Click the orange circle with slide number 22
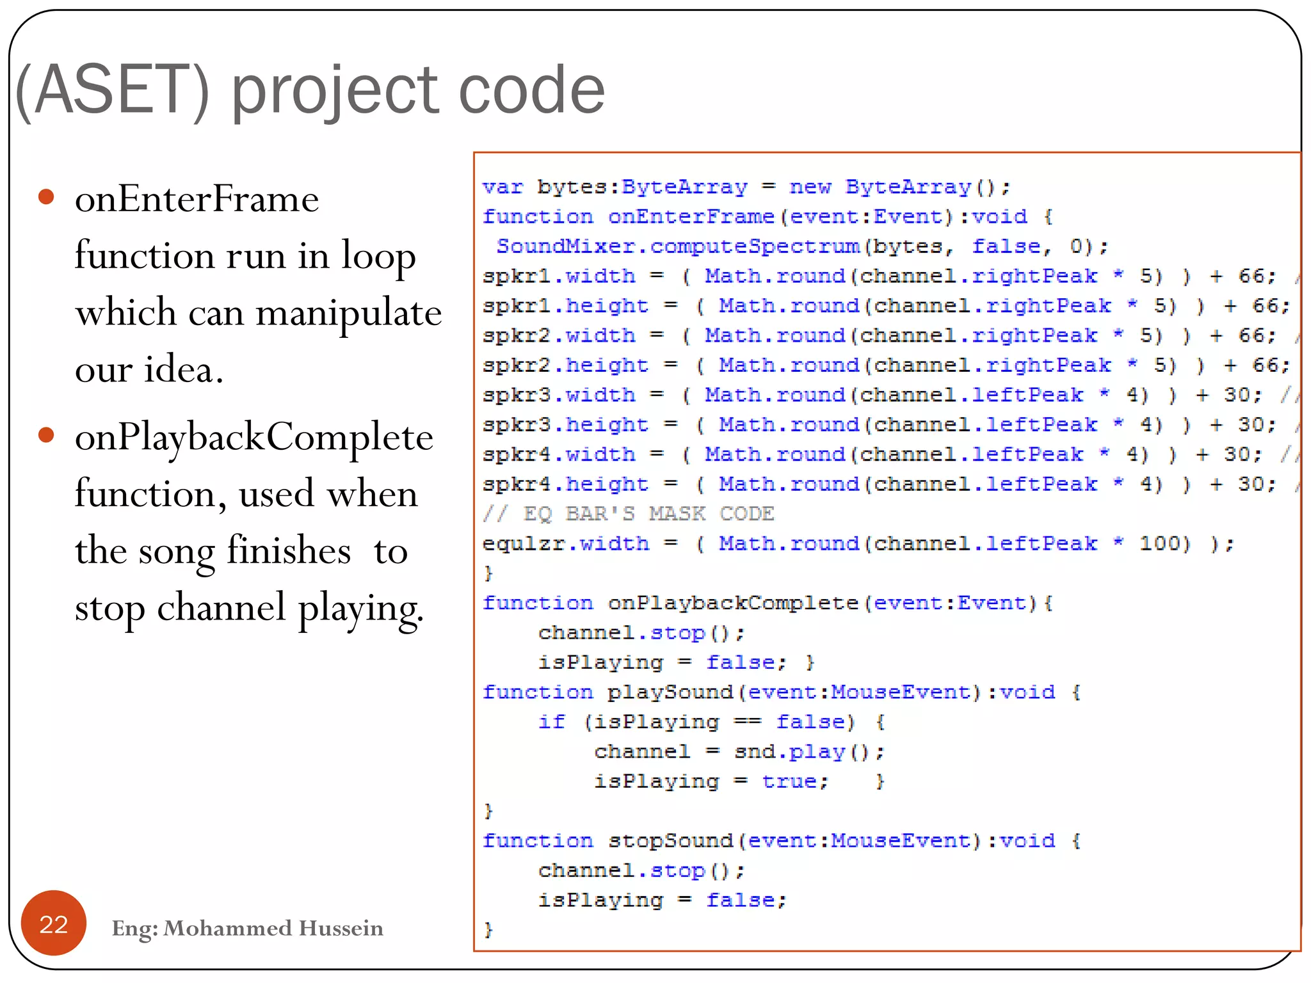54,923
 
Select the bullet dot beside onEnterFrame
46,196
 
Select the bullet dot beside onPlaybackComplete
46,435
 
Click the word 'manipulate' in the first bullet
348,314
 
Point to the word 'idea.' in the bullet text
184,370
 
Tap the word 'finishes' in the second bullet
289,550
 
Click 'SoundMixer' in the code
565,246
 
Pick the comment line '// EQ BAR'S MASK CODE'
628,513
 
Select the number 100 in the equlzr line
1163,543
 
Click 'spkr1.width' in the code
559,276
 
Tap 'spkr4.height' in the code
565,484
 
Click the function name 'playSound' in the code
670,692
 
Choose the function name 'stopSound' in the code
670,840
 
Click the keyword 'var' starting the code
503,187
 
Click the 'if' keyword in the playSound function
551,721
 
